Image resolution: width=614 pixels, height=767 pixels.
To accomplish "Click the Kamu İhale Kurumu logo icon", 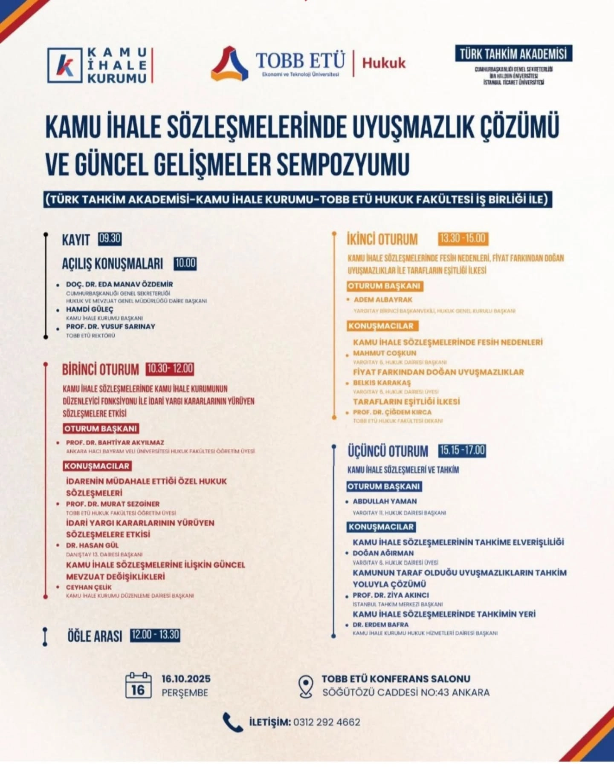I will click(65, 65).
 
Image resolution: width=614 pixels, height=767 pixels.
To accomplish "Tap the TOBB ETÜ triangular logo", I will click(229, 63).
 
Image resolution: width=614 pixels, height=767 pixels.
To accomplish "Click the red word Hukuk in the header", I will click(384, 63).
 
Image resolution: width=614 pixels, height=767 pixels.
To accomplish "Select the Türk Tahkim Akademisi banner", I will click(513, 54).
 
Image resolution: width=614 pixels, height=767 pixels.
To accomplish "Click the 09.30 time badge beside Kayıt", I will click(110, 238).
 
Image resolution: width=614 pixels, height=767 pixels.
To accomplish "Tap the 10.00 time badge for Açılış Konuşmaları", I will click(185, 263).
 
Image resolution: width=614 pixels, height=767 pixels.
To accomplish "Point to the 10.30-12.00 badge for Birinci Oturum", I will click(170, 369).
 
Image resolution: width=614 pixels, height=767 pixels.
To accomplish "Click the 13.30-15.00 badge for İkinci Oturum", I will click(463, 238).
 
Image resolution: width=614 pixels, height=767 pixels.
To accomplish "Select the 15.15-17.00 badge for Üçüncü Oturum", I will click(462, 450).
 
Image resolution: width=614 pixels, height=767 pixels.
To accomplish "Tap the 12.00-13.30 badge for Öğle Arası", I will click(155, 635).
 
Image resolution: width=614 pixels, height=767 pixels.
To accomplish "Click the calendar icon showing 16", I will click(138, 685).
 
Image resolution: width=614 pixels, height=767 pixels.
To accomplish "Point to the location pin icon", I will click(306, 686).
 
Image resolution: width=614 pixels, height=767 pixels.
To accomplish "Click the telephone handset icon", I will click(233, 722).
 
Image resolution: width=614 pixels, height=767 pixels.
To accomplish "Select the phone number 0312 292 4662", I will click(327, 722).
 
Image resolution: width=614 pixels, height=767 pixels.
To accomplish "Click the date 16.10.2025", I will click(186, 679).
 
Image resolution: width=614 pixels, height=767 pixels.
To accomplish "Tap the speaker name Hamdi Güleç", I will click(90, 309).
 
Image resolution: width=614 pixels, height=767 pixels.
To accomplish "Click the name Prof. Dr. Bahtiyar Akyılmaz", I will click(115, 442).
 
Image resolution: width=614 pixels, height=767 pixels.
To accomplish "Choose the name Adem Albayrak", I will click(383, 300).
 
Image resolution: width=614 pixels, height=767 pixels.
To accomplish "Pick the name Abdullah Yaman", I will click(385, 501).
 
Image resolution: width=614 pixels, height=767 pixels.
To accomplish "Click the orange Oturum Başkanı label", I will click(385, 286).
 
